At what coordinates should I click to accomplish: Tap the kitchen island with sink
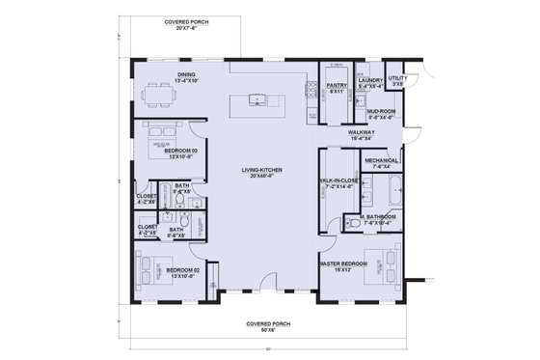point(257,99)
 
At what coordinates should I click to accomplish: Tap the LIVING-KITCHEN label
point(258,174)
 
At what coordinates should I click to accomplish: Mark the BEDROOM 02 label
point(181,272)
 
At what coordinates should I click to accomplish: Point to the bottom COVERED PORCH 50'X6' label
point(267,327)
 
